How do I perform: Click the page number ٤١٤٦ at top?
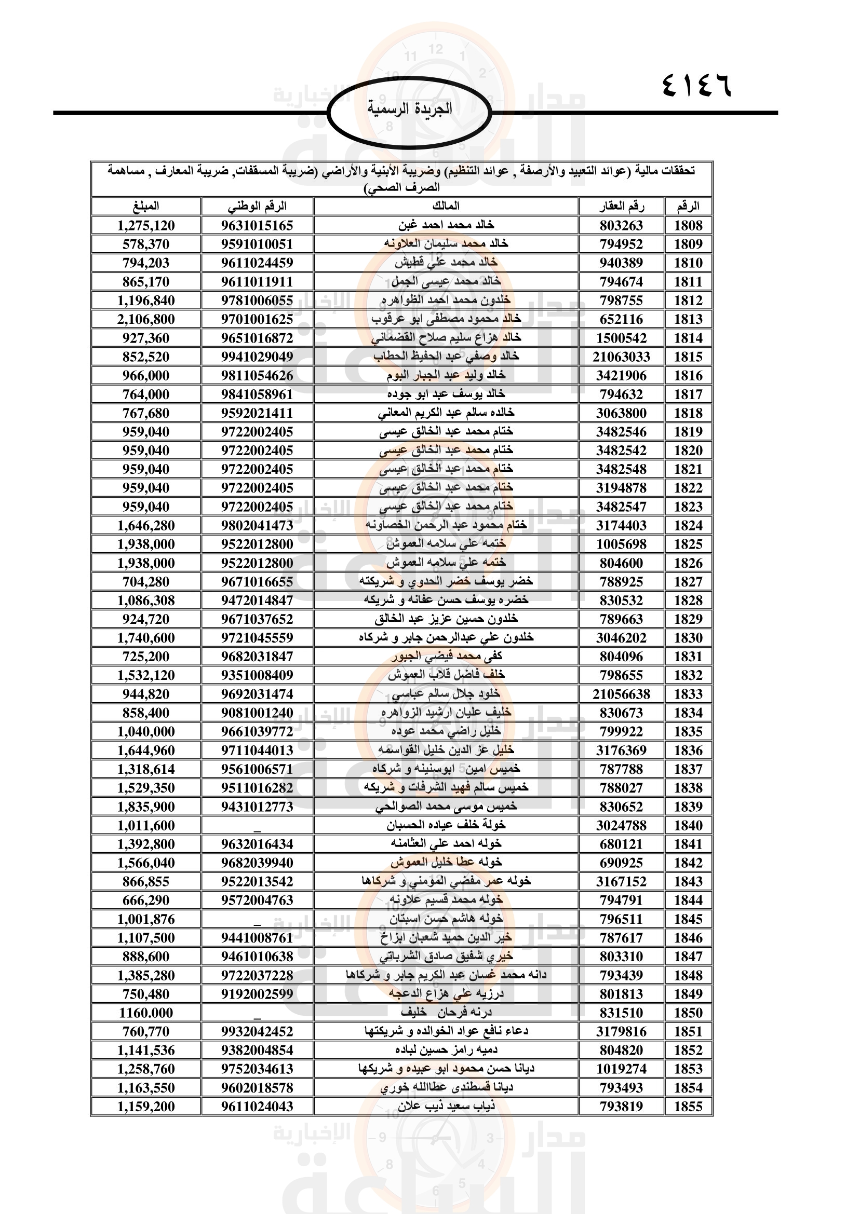click(696, 85)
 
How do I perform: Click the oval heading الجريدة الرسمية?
click(409, 110)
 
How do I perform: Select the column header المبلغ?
click(146, 206)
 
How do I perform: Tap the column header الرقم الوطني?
click(257, 206)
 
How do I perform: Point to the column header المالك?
click(446, 206)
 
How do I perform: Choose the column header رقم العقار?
click(622, 206)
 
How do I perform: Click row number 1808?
click(688, 225)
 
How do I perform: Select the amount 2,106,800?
click(146, 319)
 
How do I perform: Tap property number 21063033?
click(621, 357)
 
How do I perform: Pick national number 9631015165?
click(257, 225)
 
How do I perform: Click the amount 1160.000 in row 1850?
click(146, 1013)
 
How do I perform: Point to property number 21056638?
click(621, 694)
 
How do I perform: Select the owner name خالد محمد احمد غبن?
click(446, 225)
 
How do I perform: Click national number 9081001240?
click(257, 713)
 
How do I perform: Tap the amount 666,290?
click(146, 901)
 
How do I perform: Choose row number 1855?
click(688, 1107)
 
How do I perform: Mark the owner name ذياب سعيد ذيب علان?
click(446, 1107)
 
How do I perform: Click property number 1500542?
click(621, 338)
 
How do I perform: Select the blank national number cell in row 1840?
click(257, 825)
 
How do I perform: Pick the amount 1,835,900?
click(146, 807)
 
